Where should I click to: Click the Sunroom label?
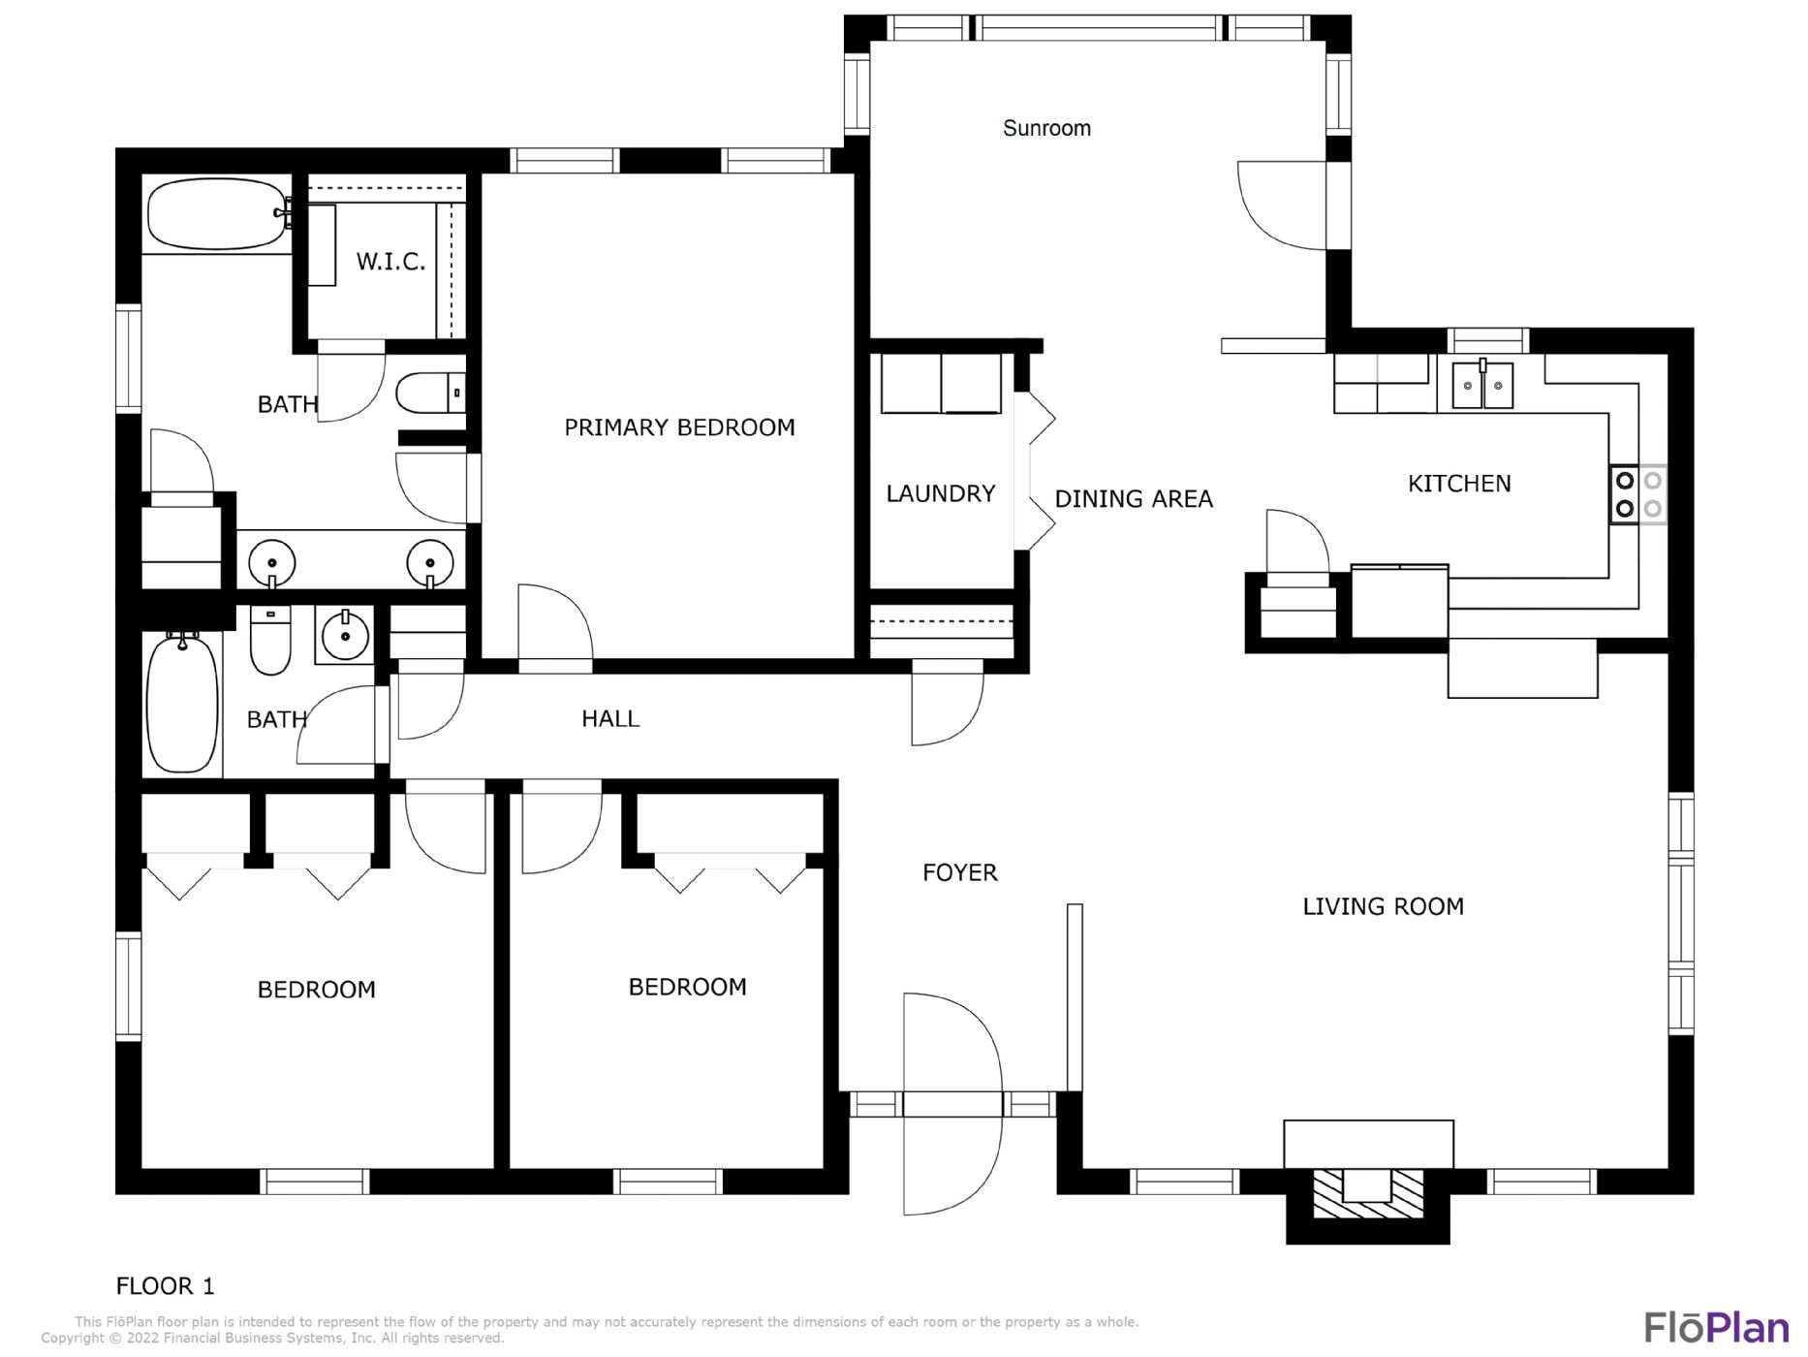point(1046,128)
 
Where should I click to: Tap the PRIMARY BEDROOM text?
point(679,427)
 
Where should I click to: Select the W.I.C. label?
point(390,261)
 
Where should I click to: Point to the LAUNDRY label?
point(941,493)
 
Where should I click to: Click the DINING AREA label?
point(1134,498)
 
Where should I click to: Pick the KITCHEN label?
point(1459,484)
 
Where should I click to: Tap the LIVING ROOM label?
point(1383,906)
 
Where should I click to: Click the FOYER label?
point(959,872)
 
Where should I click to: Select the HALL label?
point(610,718)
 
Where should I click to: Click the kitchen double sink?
point(1482,384)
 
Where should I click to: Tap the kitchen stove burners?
point(1638,494)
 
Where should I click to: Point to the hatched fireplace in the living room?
point(1367,1193)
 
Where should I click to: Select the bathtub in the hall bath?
point(182,702)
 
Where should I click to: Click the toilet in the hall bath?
point(270,640)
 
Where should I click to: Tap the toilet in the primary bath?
point(430,393)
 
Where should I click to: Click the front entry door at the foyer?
point(952,1104)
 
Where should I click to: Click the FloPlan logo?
point(1716,1327)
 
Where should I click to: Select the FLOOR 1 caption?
point(165,1286)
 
